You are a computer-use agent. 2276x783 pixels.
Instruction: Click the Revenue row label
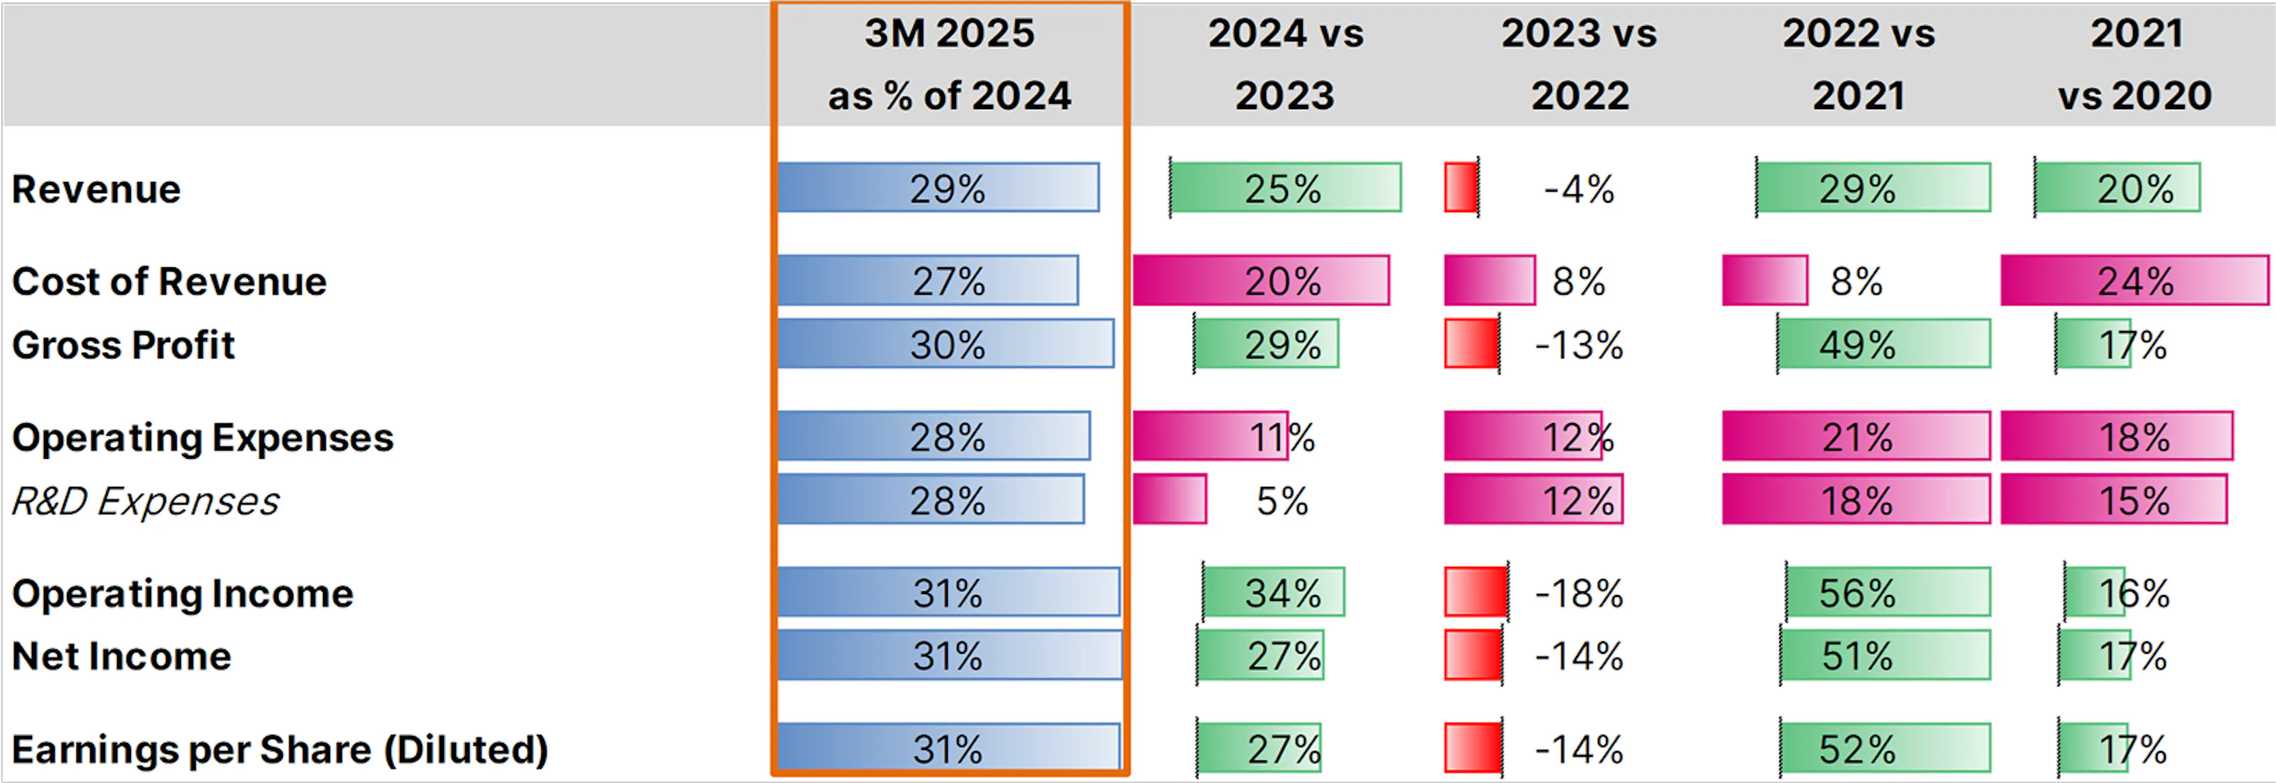click(95, 189)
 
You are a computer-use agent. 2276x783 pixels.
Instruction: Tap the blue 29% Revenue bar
click(938, 187)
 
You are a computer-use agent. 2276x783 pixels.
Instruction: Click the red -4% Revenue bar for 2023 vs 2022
click(1460, 187)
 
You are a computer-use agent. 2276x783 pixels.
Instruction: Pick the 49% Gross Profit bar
click(1884, 344)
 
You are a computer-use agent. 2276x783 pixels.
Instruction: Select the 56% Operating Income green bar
click(1888, 592)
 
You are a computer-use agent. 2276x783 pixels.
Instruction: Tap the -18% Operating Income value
click(1580, 593)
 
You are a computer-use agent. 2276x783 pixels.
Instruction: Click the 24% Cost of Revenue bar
click(2134, 281)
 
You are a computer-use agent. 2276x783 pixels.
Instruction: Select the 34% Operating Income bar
click(1273, 592)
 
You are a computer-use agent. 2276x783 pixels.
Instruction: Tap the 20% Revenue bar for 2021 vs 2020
click(2117, 187)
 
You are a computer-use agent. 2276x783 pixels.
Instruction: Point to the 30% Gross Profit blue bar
click(945, 344)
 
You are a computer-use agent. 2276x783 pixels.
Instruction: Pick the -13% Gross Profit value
click(1580, 344)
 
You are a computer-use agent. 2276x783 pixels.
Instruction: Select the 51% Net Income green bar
click(1885, 655)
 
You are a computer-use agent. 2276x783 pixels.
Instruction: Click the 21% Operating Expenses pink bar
click(1855, 437)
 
